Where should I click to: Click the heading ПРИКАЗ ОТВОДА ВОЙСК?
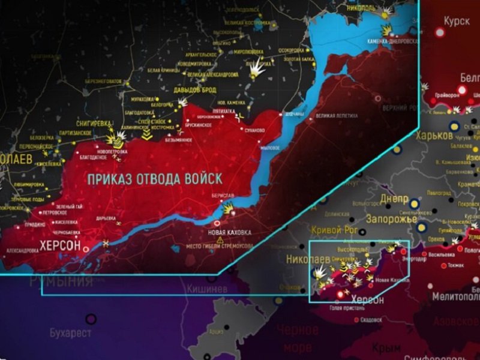click(155, 179)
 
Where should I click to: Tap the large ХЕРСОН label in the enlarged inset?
click(60, 244)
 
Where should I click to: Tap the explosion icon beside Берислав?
click(229, 208)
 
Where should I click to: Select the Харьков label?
click(434, 136)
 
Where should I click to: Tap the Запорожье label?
click(392, 218)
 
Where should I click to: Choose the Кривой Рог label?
click(334, 230)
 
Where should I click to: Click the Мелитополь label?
click(453, 296)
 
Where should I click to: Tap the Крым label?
click(382, 348)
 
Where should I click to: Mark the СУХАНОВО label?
click(256, 130)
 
